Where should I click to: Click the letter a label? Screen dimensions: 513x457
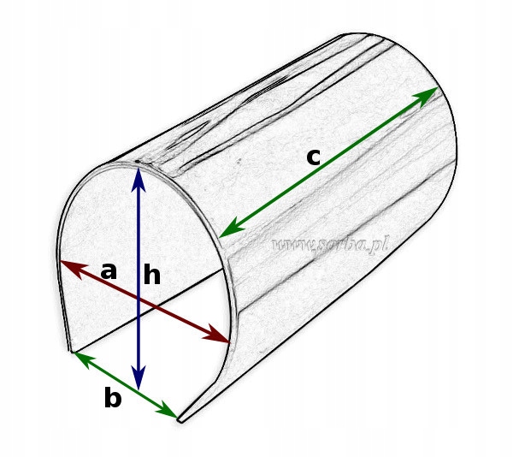point(109,272)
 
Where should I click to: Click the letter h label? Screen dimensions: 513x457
point(152,275)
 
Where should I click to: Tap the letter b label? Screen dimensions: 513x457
point(113,399)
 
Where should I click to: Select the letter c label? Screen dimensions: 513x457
point(314,157)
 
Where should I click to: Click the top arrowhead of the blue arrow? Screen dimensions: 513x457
point(139,175)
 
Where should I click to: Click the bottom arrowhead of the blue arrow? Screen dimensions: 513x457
point(139,382)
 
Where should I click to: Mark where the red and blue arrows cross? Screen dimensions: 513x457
point(139,300)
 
